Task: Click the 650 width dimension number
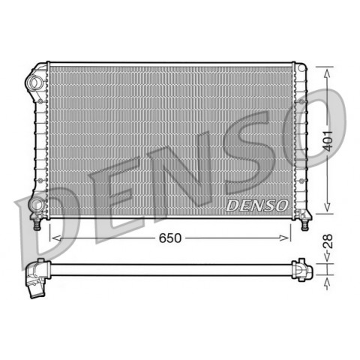point(170,238)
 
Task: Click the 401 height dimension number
point(328,141)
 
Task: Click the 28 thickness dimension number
point(328,241)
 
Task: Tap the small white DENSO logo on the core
point(257,205)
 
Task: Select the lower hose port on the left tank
point(37,204)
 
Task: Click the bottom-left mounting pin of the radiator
point(37,224)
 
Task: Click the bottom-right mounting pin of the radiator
point(304,224)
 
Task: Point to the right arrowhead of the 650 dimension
point(284,238)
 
